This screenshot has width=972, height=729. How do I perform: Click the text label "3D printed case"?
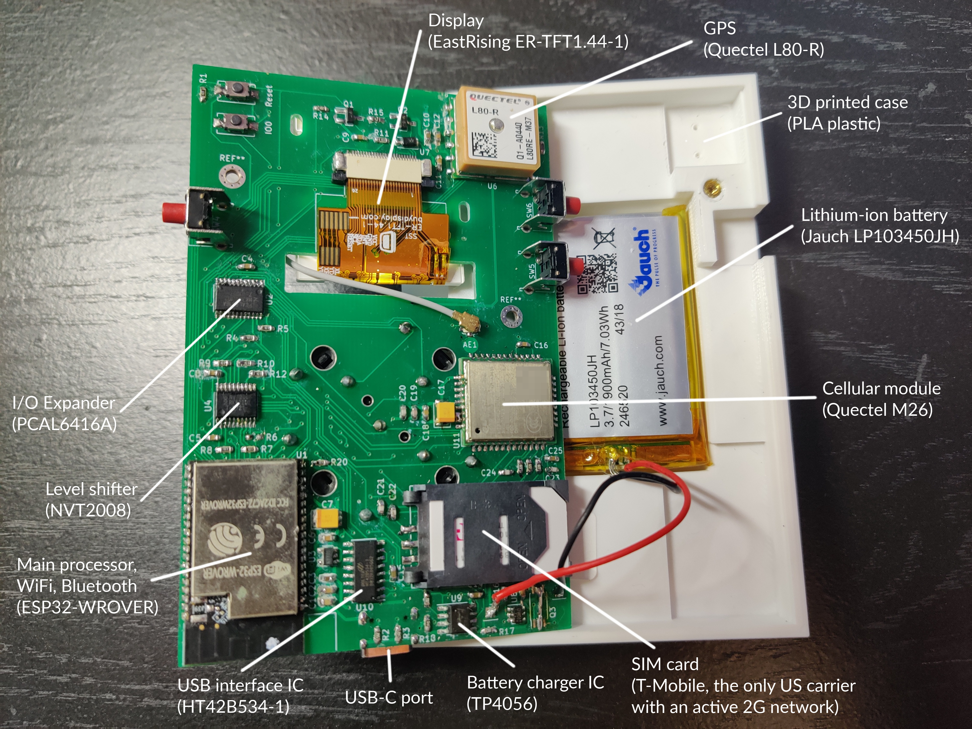pyautogui.click(x=847, y=102)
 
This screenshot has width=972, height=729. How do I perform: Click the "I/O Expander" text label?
pyautogui.click(x=64, y=402)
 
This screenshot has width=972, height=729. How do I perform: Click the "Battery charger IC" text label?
pyautogui.click(x=535, y=682)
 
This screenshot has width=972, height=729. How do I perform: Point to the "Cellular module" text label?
pyautogui.click(x=881, y=389)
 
